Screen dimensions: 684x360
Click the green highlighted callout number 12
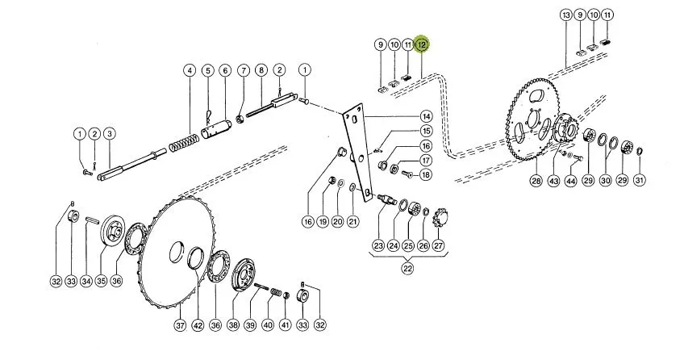click(x=422, y=44)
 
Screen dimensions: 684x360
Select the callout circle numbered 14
click(x=426, y=117)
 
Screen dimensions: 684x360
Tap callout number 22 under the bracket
click(x=407, y=268)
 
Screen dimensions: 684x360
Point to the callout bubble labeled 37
click(x=180, y=325)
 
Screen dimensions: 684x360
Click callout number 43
click(x=553, y=180)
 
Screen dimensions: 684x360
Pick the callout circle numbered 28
click(x=536, y=180)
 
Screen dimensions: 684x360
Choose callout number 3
click(x=110, y=133)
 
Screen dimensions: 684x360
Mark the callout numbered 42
click(x=198, y=325)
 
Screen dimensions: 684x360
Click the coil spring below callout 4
click(x=183, y=143)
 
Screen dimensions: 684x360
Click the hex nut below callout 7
click(x=240, y=119)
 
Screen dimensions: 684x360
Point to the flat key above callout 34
click(x=92, y=220)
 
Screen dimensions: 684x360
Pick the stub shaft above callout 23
click(x=386, y=199)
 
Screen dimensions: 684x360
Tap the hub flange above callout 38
click(x=244, y=276)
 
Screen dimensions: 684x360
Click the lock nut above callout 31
click(x=639, y=152)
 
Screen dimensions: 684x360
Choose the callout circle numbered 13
click(x=566, y=15)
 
